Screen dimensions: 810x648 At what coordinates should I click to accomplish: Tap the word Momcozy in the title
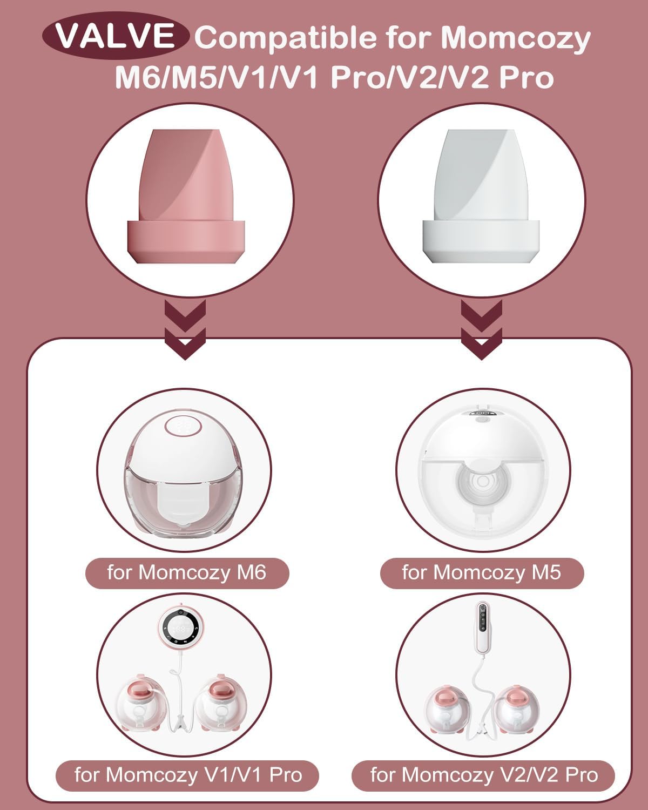(516, 38)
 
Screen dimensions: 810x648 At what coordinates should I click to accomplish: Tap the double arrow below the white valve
(481, 329)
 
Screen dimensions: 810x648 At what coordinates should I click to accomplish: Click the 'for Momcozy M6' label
(187, 572)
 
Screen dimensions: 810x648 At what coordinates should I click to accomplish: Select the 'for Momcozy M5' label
(482, 572)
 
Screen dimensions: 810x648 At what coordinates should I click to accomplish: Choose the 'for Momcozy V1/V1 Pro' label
(187, 775)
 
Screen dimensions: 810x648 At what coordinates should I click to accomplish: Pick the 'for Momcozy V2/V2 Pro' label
(483, 775)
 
